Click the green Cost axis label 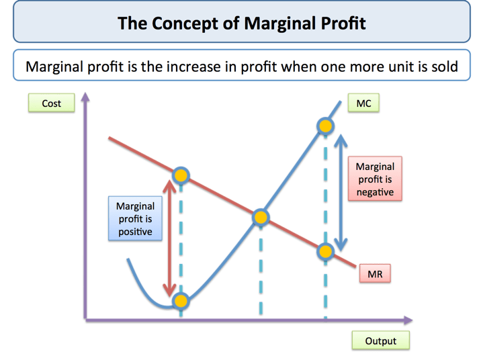pyautogui.click(x=51, y=103)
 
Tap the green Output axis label pyautogui.click(x=381, y=340)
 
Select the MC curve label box pyautogui.click(x=363, y=103)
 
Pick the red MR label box pyautogui.click(x=375, y=273)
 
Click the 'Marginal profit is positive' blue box pyautogui.click(x=135, y=219)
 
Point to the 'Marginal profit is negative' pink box pyautogui.click(x=375, y=179)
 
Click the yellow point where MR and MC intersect pyautogui.click(x=261, y=218)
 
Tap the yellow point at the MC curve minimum pyautogui.click(x=181, y=301)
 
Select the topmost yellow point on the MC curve pyautogui.click(x=325, y=126)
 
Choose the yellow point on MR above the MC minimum pyautogui.click(x=181, y=175)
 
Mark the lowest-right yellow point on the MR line pyautogui.click(x=325, y=252)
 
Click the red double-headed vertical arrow pyautogui.click(x=169, y=238)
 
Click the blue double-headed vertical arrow pyautogui.click(x=341, y=192)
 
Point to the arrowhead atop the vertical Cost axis pyautogui.click(x=85, y=96)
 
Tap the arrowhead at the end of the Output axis pyautogui.click(x=408, y=320)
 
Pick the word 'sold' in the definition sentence pyautogui.click(x=445, y=66)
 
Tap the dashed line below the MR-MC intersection pyautogui.click(x=261, y=270)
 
